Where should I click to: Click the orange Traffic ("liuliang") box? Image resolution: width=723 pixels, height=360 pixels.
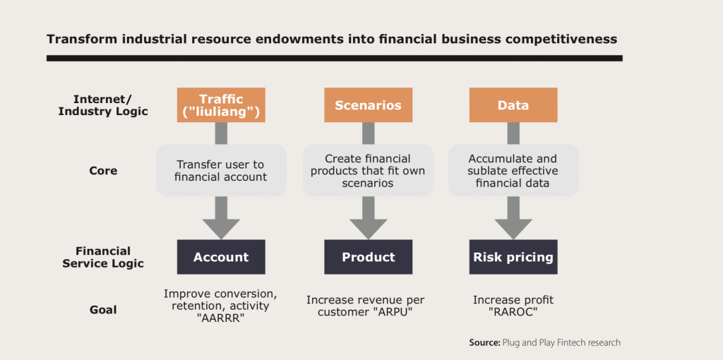click(221, 105)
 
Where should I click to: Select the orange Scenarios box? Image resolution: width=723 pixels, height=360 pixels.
click(368, 105)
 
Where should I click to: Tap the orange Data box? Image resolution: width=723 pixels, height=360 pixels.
click(513, 105)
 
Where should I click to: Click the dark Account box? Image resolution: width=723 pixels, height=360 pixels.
click(221, 257)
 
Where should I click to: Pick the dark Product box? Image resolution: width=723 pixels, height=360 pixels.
click(368, 257)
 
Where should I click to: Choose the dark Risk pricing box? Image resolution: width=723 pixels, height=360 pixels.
click(513, 257)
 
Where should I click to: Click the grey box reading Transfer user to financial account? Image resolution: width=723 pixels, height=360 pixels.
click(221, 170)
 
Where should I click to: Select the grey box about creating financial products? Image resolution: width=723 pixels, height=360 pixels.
click(368, 170)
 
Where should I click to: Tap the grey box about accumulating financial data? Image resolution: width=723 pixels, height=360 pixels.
click(513, 170)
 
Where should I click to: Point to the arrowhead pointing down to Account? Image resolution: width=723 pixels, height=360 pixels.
click(221, 227)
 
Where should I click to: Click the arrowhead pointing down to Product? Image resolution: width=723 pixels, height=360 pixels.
click(368, 227)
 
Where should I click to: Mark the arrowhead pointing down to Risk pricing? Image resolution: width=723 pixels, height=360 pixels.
click(513, 227)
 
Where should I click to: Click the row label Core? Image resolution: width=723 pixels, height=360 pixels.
click(103, 171)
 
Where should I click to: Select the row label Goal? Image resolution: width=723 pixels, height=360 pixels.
click(103, 309)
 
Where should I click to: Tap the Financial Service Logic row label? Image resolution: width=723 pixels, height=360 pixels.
click(103, 257)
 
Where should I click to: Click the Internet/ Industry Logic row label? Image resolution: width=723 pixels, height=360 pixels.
click(103, 105)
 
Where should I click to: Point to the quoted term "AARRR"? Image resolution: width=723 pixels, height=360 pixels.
click(221, 318)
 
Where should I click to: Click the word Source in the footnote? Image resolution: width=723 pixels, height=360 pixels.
click(484, 343)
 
